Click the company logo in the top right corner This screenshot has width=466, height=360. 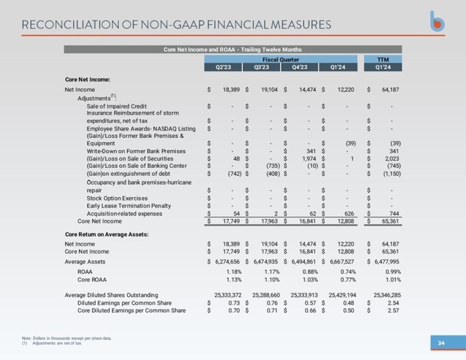click(437, 22)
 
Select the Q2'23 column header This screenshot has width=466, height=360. click(223, 67)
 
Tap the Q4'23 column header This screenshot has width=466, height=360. click(299, 67)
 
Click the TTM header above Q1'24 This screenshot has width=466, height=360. click(383, 59)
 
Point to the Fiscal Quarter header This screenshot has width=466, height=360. click(281, 59)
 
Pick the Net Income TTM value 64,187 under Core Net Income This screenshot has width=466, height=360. click(390, 90)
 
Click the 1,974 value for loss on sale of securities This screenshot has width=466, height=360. click(309, 159)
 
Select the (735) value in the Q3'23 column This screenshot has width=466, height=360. click(273, 166)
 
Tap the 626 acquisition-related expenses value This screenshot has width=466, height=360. click(349, 213)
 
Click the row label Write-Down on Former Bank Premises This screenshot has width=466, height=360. click(136, 151)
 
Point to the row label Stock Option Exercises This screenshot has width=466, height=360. click(117, 198)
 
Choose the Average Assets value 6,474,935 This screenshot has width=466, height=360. click(267, 262)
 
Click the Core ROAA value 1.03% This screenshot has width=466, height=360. click(310, 280)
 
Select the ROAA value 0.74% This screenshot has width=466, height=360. click(348, 271)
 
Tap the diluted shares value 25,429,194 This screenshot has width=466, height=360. click(343, 295)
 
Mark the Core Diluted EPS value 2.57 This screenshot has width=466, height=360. click(393, 310)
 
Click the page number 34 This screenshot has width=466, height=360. click(442, 343)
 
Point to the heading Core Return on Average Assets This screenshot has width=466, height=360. click(107, 234)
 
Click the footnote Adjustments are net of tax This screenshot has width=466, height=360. click(57, 343)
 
